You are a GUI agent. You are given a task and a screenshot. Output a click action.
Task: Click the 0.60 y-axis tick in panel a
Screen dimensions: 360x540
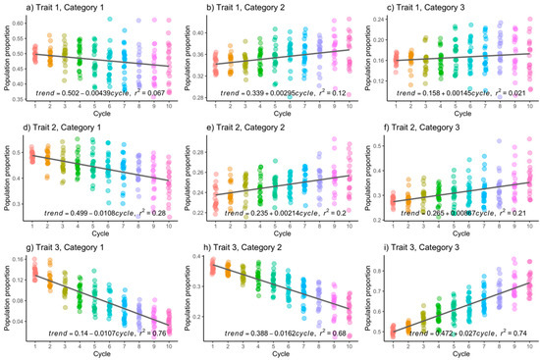20,21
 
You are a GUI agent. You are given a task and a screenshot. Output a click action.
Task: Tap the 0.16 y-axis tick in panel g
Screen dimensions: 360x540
20,260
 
